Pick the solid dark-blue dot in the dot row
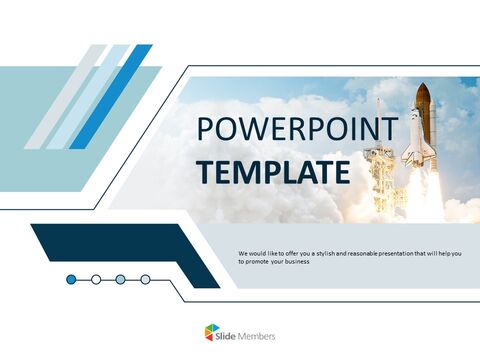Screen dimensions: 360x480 71,279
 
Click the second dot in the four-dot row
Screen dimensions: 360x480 96,279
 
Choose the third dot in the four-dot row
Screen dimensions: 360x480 120,279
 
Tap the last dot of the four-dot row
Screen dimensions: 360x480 145,279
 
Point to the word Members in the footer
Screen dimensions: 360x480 256,335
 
